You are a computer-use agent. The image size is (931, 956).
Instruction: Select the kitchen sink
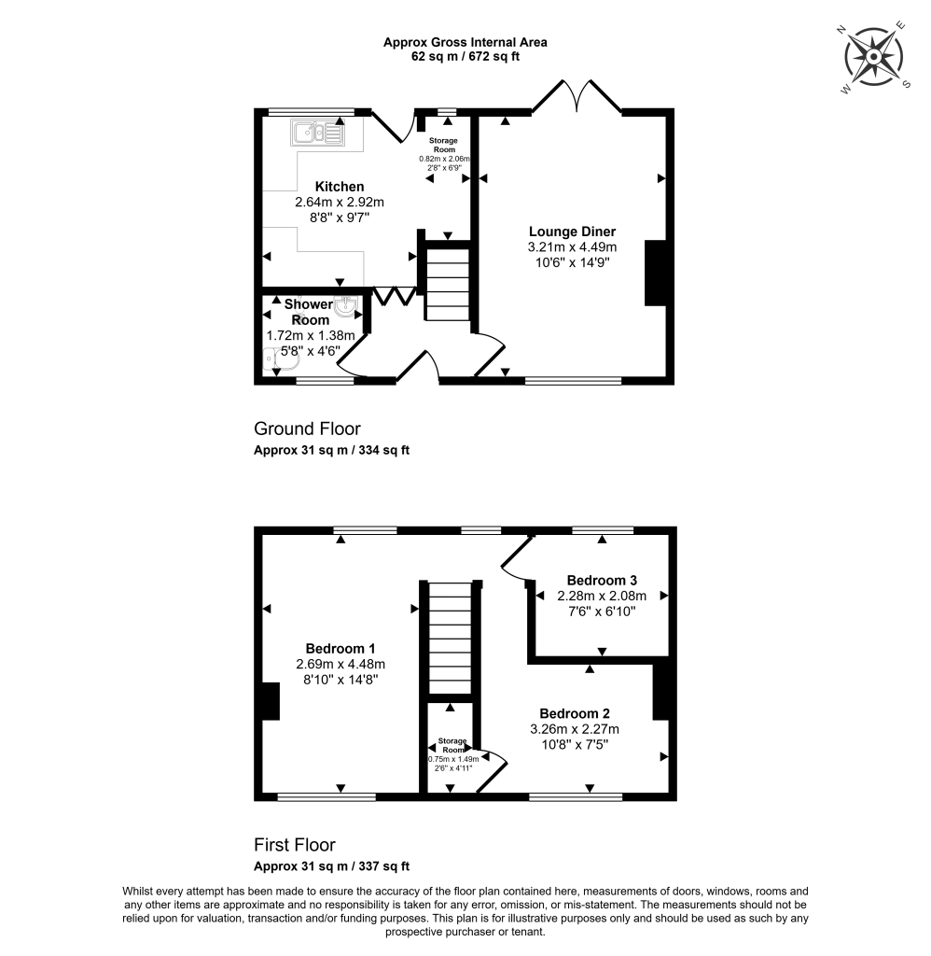click(x=317, y=134)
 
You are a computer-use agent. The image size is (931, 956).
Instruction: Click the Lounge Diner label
click(x=572, y=232)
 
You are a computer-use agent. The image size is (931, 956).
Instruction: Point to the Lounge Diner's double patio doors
click(x=577, y=96)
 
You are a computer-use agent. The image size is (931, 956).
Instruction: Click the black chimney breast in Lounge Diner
click(x=656, y=273)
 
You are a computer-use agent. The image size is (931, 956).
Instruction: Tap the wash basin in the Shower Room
click(x=346, y=306)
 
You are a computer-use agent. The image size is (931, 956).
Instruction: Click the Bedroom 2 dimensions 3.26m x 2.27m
click(x=575, y=729)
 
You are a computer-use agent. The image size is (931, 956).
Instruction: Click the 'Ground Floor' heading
click(x=307, y=429)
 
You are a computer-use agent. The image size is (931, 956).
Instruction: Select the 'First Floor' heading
click(x=295, y=846)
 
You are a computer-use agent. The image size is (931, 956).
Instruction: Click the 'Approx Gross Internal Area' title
click(x=465, y=42)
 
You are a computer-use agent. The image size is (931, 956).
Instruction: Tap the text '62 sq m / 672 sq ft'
click(x=465, y=57)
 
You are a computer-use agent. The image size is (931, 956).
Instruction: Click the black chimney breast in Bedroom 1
click(x=271, y=701)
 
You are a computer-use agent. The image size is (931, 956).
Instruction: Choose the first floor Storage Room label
click(x=452, y=745)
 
